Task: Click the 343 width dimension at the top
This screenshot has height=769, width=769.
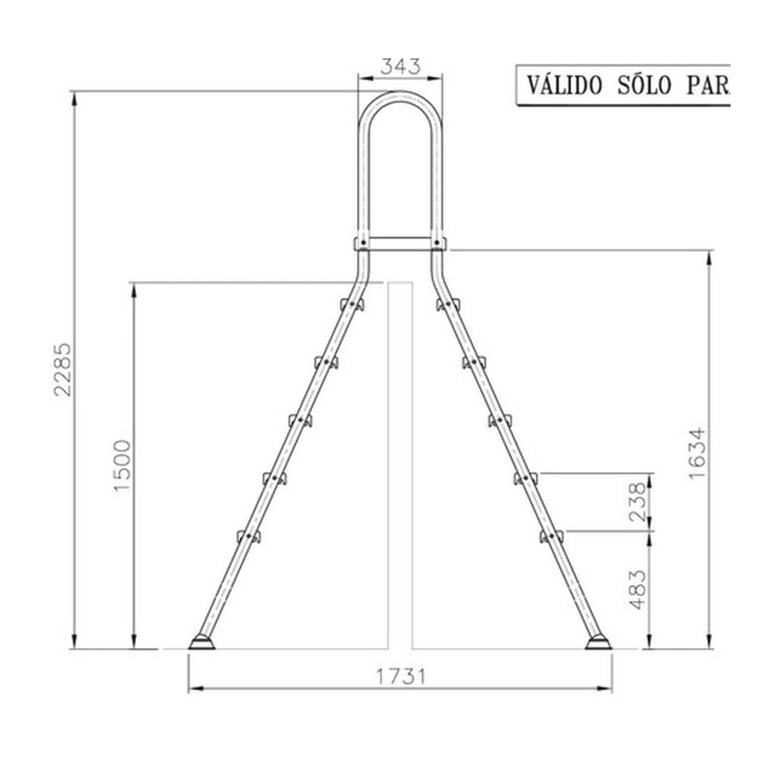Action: [399, 66]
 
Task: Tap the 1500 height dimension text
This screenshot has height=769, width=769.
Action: [122, 464]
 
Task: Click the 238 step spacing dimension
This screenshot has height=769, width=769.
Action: [639, 501]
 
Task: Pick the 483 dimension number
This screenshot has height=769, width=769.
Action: [639, 589]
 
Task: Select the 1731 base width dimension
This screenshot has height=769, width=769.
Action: [400, 676]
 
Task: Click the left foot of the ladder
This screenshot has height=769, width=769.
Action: [202, 644]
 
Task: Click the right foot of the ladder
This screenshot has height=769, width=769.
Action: [598, 644]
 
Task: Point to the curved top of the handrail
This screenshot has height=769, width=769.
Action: [399, 97]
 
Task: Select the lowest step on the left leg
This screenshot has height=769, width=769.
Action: [249, 536]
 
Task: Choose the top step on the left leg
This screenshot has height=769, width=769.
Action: [352, 305]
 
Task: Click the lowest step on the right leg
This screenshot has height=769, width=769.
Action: [551, 536]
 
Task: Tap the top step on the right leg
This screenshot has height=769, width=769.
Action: [448, 305]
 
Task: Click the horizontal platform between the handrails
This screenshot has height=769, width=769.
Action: [399, 244]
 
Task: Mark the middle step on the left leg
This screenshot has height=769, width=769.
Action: [300, 420]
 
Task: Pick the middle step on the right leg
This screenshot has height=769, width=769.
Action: [500, 420]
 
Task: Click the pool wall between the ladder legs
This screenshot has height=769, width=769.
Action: [399, 463]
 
